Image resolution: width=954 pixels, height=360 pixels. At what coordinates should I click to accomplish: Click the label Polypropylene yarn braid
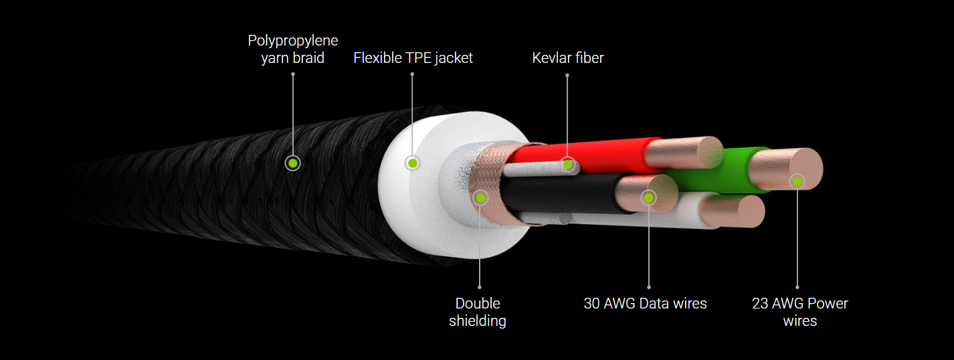292,50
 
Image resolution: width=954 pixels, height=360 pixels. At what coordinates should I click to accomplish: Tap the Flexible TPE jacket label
413,58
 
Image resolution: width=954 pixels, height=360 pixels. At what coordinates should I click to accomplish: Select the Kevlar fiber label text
567,58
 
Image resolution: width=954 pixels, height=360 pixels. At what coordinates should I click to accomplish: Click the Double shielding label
478,312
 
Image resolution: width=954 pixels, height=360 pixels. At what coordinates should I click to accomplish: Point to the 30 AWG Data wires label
645,304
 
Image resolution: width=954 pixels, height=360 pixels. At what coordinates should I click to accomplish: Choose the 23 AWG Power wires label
799,312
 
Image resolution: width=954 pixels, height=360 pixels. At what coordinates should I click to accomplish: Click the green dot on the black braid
292,163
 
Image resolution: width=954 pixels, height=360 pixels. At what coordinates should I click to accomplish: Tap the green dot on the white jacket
413,163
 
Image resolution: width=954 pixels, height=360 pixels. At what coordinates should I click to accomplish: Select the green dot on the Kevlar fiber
567,163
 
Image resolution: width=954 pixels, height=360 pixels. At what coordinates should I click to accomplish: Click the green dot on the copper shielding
480,197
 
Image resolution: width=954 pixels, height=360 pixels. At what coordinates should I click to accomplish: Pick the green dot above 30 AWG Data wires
648,197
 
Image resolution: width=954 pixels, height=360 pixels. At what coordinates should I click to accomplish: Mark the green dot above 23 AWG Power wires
797,181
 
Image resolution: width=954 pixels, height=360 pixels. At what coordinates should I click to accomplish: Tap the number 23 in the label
759,304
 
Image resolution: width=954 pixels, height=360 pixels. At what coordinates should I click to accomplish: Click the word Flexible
377,58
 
